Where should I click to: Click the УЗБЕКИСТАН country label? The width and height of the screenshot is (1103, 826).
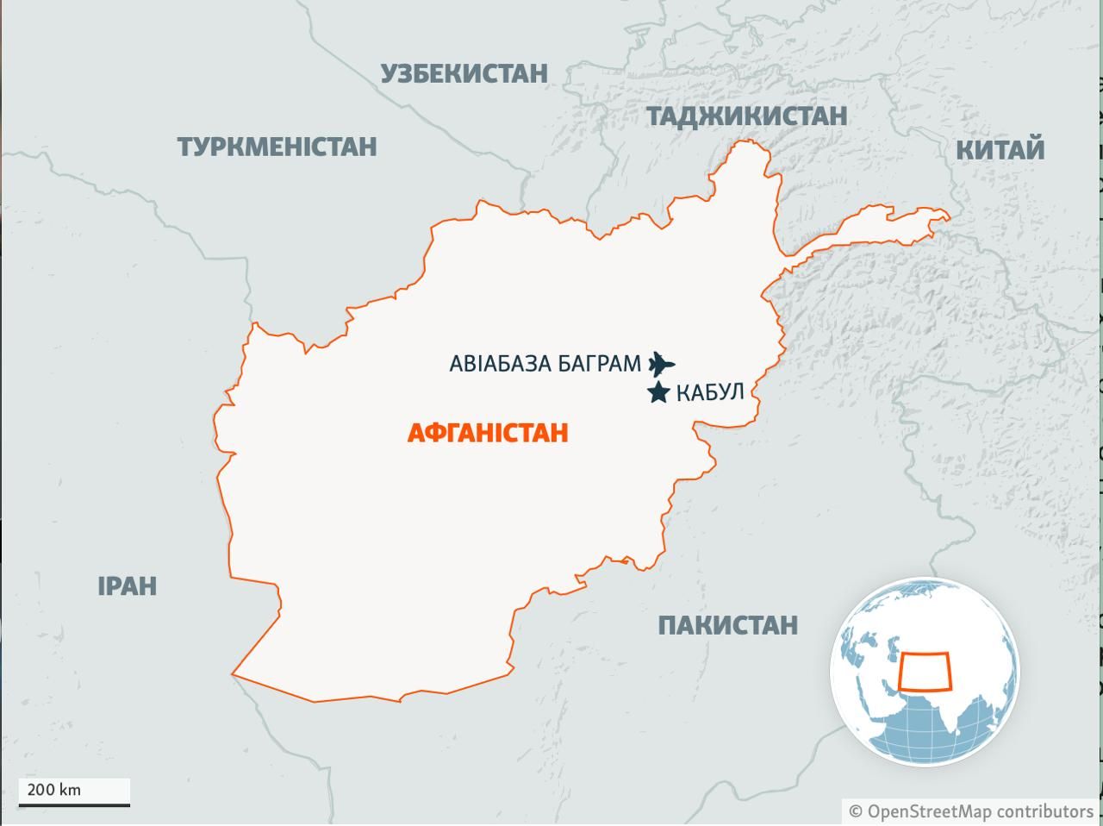(x=464, y=73)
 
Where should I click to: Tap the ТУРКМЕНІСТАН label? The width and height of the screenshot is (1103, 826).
(x=277, y=147)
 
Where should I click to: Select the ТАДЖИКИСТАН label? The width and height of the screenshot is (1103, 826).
(x=746, y=116)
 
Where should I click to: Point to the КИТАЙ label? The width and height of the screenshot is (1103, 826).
(x=1000, y=150)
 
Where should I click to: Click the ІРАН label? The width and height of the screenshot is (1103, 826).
(x=127, y=586)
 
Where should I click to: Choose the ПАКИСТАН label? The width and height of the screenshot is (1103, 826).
(x=727, y=625)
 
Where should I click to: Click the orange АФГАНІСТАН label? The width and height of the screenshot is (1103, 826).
(x=487, y=432)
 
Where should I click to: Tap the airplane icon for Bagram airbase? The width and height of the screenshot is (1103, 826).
(x=661, y=363)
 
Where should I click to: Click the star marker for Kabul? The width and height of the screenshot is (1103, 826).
(x=658, y=393)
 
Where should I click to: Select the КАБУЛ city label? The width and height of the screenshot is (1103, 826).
(x=709, y=393)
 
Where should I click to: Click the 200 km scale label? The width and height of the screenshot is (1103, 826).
(x=54, y=789)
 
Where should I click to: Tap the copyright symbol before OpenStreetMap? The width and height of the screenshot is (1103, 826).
(x=856, y=811)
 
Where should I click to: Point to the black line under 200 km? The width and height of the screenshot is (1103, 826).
(x=74, y=804)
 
